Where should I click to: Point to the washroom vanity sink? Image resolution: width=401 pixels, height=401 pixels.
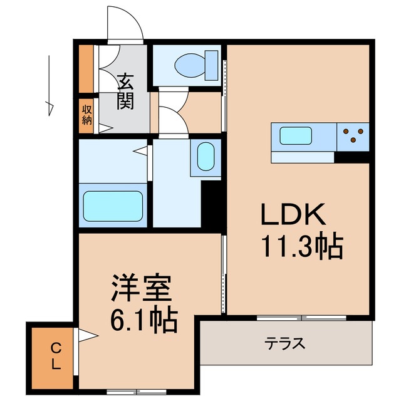click(x=206, y=157)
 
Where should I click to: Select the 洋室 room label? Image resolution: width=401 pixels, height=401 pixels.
click(x=140, y=291)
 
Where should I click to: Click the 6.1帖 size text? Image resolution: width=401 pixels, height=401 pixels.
click(x=143, y=321)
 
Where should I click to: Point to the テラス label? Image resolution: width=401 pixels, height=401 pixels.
click(x=285, y=343)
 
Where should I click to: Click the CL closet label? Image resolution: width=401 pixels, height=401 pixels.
click(x=56, y=355)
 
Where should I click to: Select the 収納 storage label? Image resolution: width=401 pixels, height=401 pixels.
click(x=86, y=114)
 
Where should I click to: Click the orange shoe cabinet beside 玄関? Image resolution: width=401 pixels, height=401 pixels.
click(x=86, y=68)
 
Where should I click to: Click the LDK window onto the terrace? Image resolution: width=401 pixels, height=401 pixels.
click(x=302, y=318)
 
